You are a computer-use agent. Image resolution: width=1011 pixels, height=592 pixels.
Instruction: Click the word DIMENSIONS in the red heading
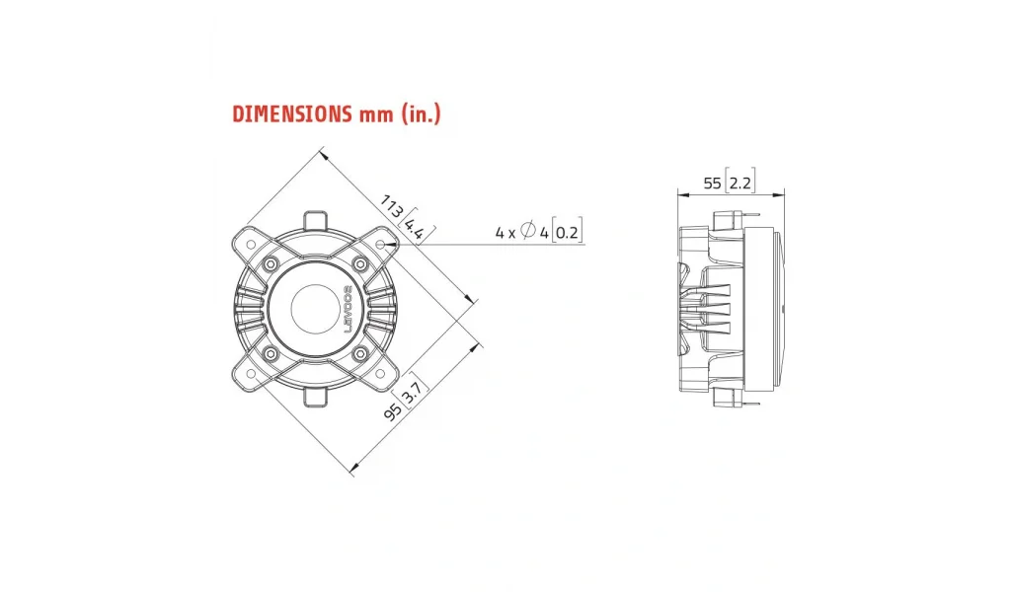point(291,114)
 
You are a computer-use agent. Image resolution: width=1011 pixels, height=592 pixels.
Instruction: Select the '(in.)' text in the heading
point(421,114)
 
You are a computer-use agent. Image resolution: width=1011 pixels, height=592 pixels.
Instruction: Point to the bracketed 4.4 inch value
point(416,227)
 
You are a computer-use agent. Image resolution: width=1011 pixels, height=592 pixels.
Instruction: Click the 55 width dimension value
point(712,184)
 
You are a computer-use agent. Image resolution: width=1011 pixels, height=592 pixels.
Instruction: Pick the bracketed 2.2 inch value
point(739,183)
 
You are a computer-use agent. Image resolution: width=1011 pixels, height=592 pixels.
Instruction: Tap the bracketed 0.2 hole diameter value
point(567,232)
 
